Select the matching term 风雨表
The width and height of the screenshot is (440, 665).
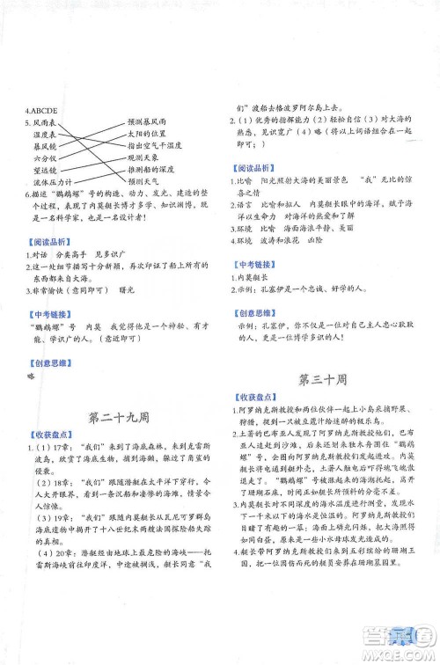pos(48,122)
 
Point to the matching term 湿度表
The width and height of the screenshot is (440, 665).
pos(47,135)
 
